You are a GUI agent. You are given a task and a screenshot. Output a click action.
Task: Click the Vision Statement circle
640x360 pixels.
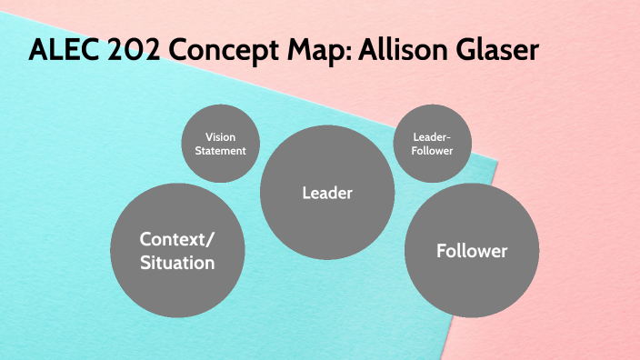point(221,145)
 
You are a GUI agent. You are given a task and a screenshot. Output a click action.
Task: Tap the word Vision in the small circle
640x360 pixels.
point(221,137)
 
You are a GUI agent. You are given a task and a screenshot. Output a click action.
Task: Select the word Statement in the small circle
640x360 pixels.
point(221,151)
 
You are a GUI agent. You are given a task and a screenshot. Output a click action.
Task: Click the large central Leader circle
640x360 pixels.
point(326,193)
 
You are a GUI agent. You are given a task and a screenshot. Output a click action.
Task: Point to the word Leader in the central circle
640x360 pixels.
point(326,193)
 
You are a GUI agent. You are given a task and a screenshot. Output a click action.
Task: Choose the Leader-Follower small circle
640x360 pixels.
point(432,145)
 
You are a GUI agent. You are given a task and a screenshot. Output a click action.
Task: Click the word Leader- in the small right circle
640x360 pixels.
point(432,137)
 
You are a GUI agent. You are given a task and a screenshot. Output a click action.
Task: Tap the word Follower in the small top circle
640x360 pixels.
point(432,151)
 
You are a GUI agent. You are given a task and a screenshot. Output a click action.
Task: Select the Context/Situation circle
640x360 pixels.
point(177,251)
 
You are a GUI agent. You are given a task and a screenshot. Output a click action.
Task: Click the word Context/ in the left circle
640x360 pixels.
point(177,239)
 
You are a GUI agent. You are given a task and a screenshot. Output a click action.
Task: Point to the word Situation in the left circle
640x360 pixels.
point(177,264)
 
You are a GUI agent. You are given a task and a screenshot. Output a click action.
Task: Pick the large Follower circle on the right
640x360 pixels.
point(471,250)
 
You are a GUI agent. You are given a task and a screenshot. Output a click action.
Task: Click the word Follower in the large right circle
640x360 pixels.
point(471,250)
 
